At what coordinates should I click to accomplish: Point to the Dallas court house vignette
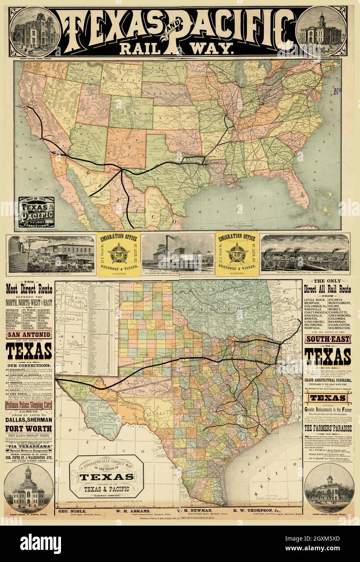[x=329, y=489]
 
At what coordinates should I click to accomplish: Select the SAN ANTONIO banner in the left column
[x=28, y=335]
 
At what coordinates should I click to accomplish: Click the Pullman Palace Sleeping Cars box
[x=28, y=404]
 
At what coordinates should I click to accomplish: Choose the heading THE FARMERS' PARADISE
[x=328, y=428]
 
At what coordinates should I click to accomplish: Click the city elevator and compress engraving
[x=178, y=254]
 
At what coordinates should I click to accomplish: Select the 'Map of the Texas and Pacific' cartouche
[x=37, y=213]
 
